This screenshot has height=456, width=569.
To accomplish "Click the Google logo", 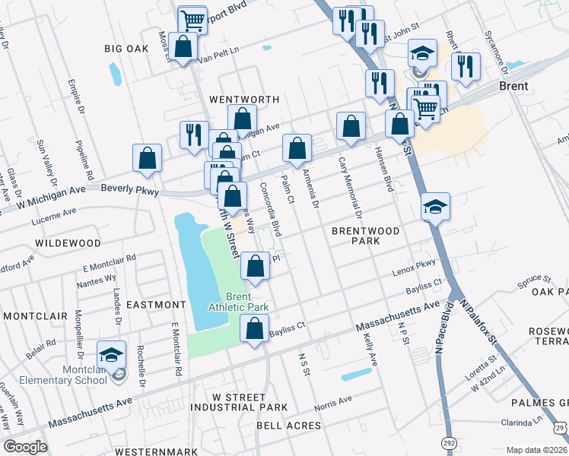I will [x=25, y=447].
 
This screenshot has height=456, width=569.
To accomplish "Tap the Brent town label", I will [x=513, y=87].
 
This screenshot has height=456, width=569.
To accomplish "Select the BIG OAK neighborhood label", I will [x=126, y=48].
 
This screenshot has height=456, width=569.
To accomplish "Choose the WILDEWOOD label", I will [x=68, y=242].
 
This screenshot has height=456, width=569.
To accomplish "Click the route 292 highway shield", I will [x=450, y=442].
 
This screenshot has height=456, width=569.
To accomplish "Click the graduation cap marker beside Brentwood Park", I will [x=436, y=207].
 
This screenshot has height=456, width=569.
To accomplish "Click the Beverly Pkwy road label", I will [x=127, y=187].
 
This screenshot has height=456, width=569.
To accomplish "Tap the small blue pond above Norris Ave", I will [x=356, y=375].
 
